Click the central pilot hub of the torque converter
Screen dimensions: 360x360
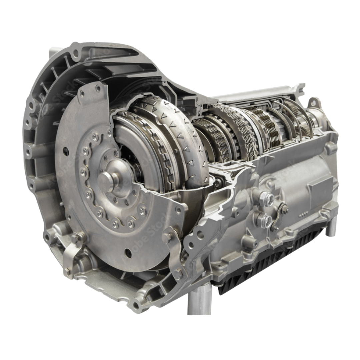pyautogui.click(x=106, y=182)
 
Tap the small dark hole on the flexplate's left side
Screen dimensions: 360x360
pyautogui.click(x=66, y=152)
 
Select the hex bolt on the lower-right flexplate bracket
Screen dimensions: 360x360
pyautogui.click(x=167, y=238)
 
